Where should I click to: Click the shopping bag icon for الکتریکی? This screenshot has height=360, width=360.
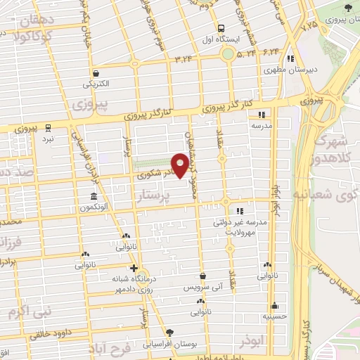96,73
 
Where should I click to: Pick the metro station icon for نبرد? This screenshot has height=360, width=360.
48,127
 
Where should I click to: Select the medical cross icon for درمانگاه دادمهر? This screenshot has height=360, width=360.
134,269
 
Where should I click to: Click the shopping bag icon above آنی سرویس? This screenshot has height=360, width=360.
202,276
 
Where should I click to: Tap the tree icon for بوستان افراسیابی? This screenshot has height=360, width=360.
169,333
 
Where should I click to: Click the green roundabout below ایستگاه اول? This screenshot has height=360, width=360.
228,53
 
